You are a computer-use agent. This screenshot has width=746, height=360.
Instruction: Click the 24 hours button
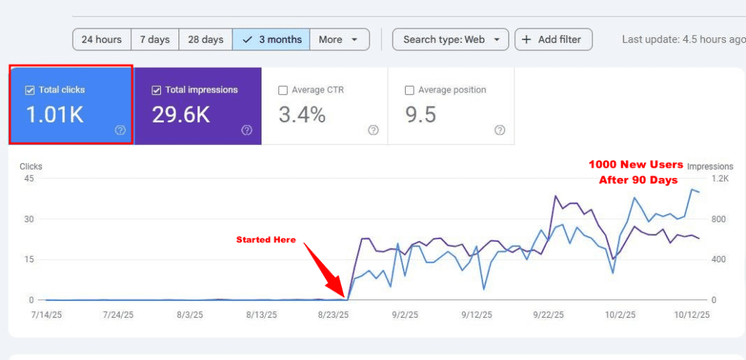point(102,39)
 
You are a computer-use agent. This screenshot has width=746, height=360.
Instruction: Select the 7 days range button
point(154,39)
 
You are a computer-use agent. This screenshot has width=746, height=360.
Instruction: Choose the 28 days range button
point(205,39)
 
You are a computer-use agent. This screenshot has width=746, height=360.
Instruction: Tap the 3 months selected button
point(271,39)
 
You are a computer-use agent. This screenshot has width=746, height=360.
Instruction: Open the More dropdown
point(339,39)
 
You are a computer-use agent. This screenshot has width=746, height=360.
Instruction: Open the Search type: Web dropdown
point(450,39)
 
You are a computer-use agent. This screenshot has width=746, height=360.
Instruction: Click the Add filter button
point(553,39)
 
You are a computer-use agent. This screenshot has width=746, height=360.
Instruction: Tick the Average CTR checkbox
point(283,90)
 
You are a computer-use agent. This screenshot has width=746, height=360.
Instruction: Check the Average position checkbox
point(409,90)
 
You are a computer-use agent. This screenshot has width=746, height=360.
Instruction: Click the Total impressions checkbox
point(157,90)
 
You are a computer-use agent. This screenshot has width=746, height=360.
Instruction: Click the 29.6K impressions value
point(181,114)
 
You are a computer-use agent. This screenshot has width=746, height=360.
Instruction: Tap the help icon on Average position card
point(499,130)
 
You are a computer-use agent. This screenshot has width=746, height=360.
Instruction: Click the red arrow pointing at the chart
point(324,270)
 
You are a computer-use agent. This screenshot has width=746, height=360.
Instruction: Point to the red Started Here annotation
point(266,240)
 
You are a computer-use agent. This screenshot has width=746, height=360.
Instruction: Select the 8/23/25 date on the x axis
point(333,315)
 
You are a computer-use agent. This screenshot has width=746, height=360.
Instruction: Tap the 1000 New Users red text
point(635,165)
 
